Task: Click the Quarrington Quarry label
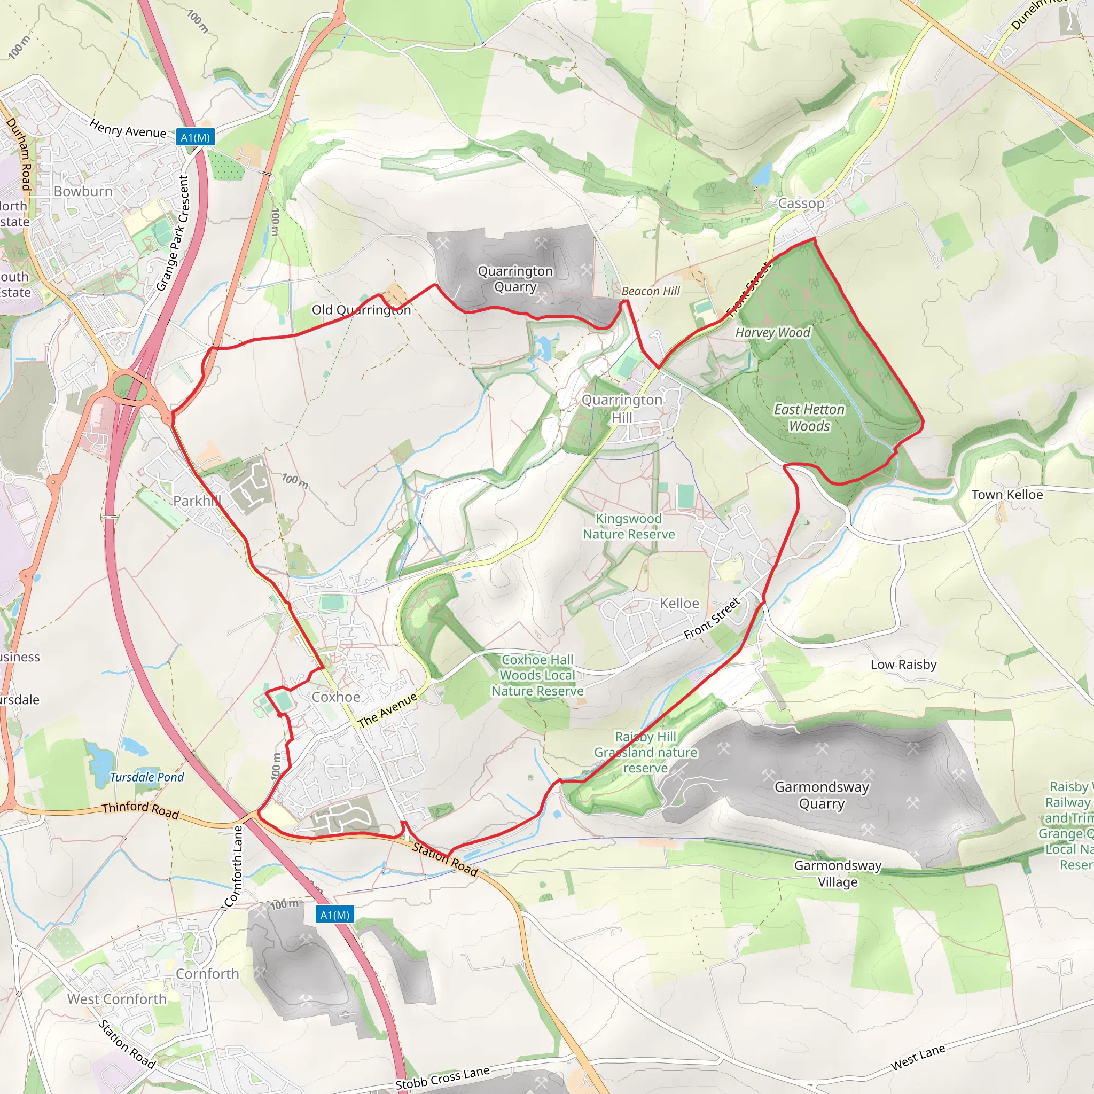tap(515, 279)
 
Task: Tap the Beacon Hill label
tap(651, 291)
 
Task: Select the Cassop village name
tap(801, 204)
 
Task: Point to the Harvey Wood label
tap(772, 332)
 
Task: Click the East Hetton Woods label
tap(809, 417)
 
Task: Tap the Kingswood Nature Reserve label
tap(629, 526)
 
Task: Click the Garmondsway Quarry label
tap(821, 795)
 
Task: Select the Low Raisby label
tap(903, 664)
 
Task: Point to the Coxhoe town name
tap(336, 697)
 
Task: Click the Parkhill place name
tap(197, 501)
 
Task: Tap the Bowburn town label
tap(83, 191)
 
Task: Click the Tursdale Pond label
tap(147, 777)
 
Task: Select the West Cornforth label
tap(116, 999)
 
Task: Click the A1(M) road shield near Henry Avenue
tap(195, 138)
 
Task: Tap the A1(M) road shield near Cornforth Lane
tap(334, 915)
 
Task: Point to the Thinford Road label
tap(140, 810)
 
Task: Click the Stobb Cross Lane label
tap(442, 1077)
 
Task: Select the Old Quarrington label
tap(361, 310)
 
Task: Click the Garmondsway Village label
tap(838, 873)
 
